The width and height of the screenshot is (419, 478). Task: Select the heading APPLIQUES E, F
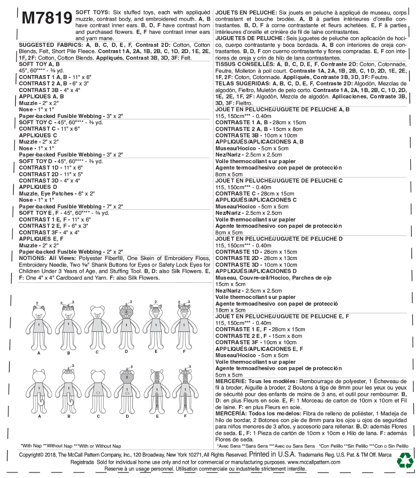pos(41,239)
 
